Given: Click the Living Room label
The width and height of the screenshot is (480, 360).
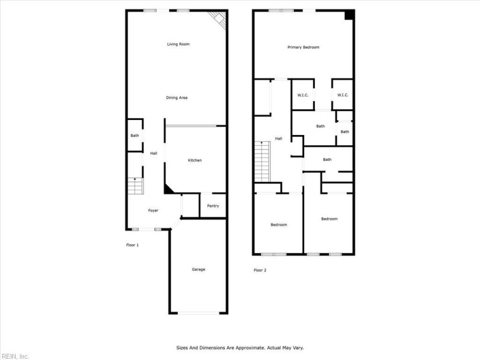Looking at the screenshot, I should click(178, 44).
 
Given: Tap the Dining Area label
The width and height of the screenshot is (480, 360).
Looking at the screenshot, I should click(178, 97).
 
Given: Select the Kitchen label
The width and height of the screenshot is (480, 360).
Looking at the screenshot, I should click(195, 160).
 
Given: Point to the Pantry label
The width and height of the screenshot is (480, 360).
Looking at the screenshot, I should click(213, 206).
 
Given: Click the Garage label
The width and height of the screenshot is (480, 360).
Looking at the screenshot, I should click(199, 269).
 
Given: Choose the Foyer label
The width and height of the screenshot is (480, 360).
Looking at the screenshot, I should click(154, 210).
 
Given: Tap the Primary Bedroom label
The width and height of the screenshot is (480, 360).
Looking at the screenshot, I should click(303, 47).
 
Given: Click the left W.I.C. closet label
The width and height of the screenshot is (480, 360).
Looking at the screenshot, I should click(303, 95).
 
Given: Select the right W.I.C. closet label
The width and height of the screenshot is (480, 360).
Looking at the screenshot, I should click(343, 95).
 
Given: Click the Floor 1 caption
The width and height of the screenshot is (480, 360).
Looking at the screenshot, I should click(133, 245).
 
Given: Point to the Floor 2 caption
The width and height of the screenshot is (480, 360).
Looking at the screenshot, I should click(260, 270).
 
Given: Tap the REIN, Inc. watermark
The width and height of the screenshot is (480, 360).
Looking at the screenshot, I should click(15, 356).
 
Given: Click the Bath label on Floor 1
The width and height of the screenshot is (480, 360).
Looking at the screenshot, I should click(135, 136).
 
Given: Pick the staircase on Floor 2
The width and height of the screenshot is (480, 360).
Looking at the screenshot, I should click(262, 162).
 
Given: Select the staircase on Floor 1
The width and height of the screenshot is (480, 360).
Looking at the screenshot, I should click(136, 187).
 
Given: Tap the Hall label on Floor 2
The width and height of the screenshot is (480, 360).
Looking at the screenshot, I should click(278, 139).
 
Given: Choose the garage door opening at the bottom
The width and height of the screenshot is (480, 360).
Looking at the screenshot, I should click(199, 313).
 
